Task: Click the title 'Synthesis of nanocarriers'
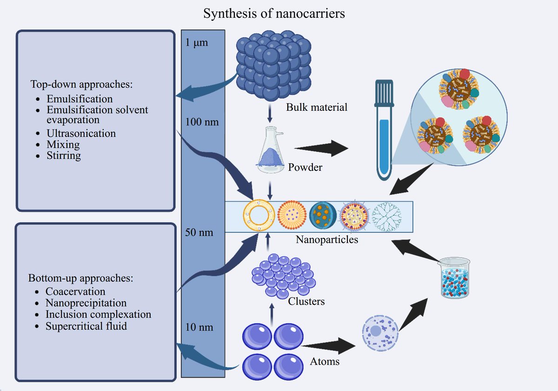[x=274, y=13]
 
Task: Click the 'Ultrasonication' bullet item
[x=81, y=133]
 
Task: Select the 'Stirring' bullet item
[x=64, y=155]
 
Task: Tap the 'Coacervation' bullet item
[x=75, y=291]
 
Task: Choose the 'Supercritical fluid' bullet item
[x=86, y=326]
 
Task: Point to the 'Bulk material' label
[x=317, y=108]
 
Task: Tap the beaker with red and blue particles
[x=455, y=277]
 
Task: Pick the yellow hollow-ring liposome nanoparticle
[x=257, y=216]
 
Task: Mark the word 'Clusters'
[x=306, y=301]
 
